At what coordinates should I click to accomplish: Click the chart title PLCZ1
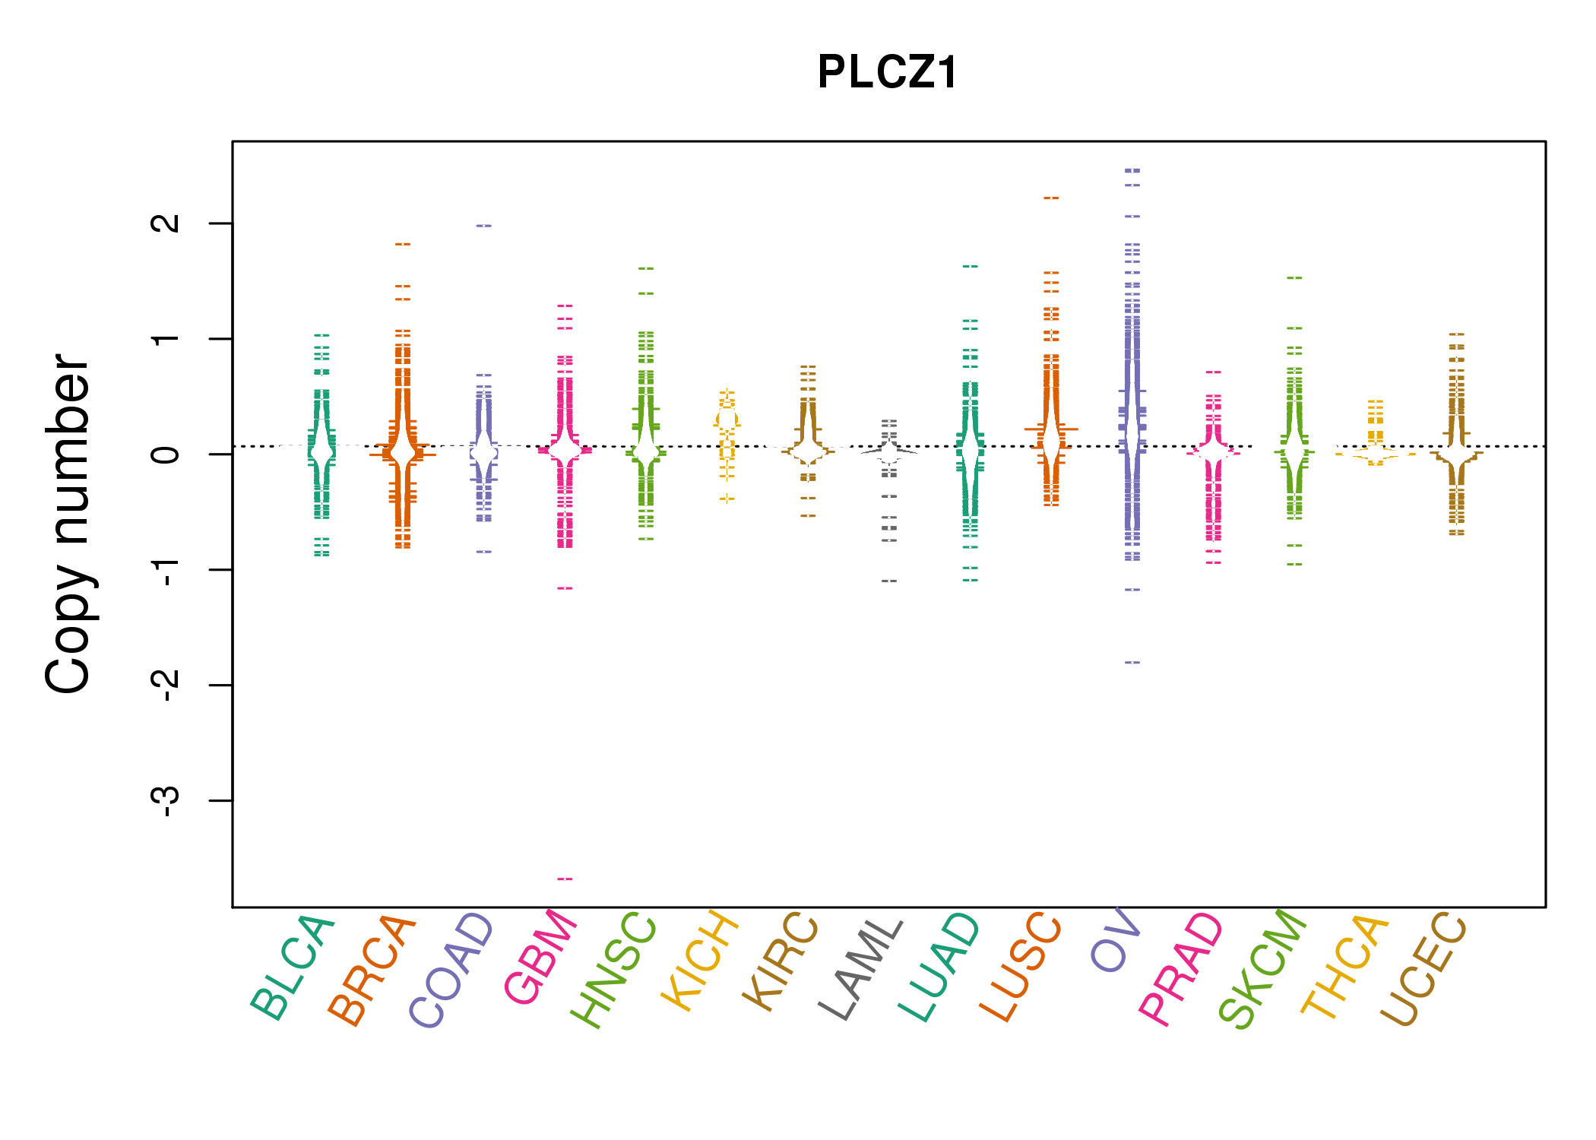887,72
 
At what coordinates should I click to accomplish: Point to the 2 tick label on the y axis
166,223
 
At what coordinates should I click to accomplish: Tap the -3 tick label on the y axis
166,800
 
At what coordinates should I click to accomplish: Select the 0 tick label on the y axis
166,454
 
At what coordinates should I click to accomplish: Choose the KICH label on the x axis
700,961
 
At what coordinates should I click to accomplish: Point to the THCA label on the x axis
1345,966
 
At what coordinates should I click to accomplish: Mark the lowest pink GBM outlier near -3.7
565,879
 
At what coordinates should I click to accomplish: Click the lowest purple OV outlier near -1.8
1132,663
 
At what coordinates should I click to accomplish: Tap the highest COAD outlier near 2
483,226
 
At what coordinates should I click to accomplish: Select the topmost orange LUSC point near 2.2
1051,198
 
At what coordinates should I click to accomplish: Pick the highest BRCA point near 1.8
403,245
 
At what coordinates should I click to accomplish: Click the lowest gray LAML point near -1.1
889,581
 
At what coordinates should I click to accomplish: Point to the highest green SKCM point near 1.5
1294,278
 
